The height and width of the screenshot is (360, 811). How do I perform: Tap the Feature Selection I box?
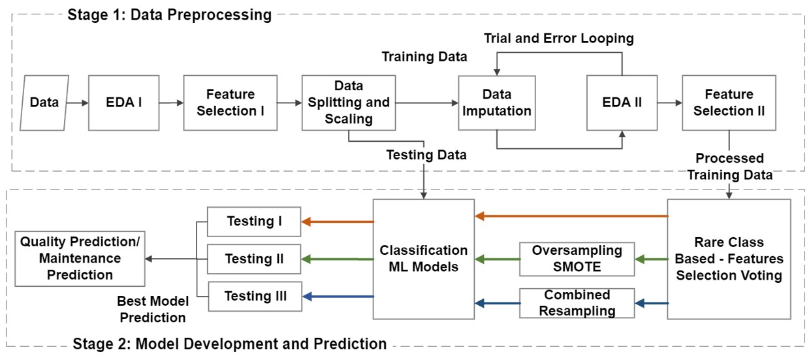[231, 102]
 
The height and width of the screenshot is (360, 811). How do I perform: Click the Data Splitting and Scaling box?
[348, 102]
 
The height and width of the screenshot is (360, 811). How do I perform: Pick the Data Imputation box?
[496, 102]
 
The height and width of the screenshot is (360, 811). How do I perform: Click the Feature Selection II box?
[729, 102]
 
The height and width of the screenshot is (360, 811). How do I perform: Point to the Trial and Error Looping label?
[558, 39]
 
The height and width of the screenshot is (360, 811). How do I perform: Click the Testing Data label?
[426, 155]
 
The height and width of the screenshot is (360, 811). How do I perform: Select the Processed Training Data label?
[729, 167]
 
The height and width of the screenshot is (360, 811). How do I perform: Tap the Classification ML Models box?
[424, 259]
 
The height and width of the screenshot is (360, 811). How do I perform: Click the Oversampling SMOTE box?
[567, 259]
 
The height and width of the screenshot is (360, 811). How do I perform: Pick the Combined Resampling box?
[567, 303]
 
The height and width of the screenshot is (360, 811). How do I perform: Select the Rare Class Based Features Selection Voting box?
[729, 259]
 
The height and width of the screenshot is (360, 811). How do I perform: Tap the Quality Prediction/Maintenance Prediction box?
[80, 259]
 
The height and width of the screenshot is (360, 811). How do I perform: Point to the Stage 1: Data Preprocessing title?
[169, 14]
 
